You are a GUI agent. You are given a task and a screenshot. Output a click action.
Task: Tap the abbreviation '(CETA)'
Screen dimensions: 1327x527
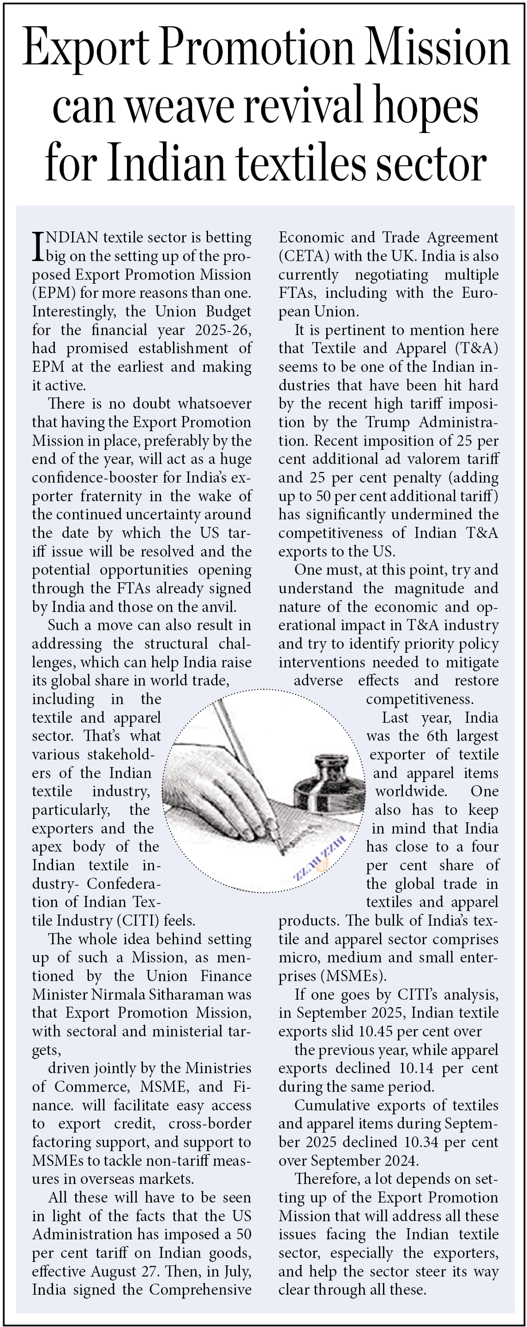[304, 256]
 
